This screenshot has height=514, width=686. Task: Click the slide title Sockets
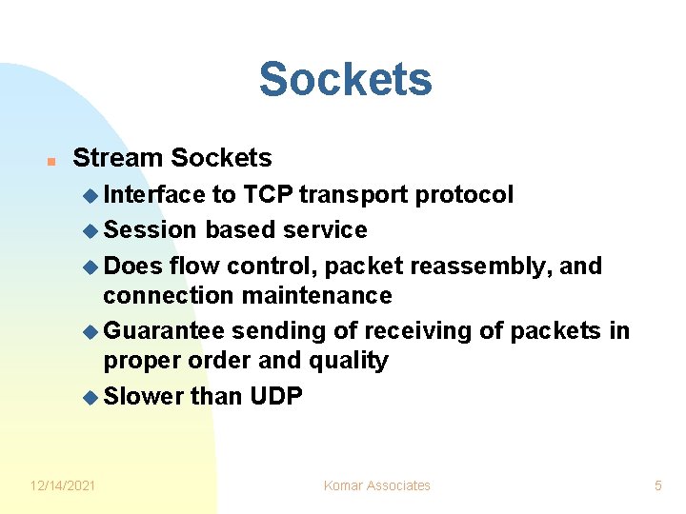[x=345, y=79]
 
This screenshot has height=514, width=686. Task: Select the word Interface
[x=153, y=195]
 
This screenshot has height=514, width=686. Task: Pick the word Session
[x=151, y=230]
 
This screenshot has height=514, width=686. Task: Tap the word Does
[x=132, y=266]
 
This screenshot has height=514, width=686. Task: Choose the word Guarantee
[x=164, y=330]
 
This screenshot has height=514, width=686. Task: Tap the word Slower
[x=143, y=396]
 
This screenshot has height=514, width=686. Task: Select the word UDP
[x=275, y=396]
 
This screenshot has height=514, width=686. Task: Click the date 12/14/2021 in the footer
[x=63, y=485]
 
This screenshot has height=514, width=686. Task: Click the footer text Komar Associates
[x=376, y=485]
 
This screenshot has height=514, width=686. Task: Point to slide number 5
[x=657, y=485]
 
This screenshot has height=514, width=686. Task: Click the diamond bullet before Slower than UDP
[x=91, y=397]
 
